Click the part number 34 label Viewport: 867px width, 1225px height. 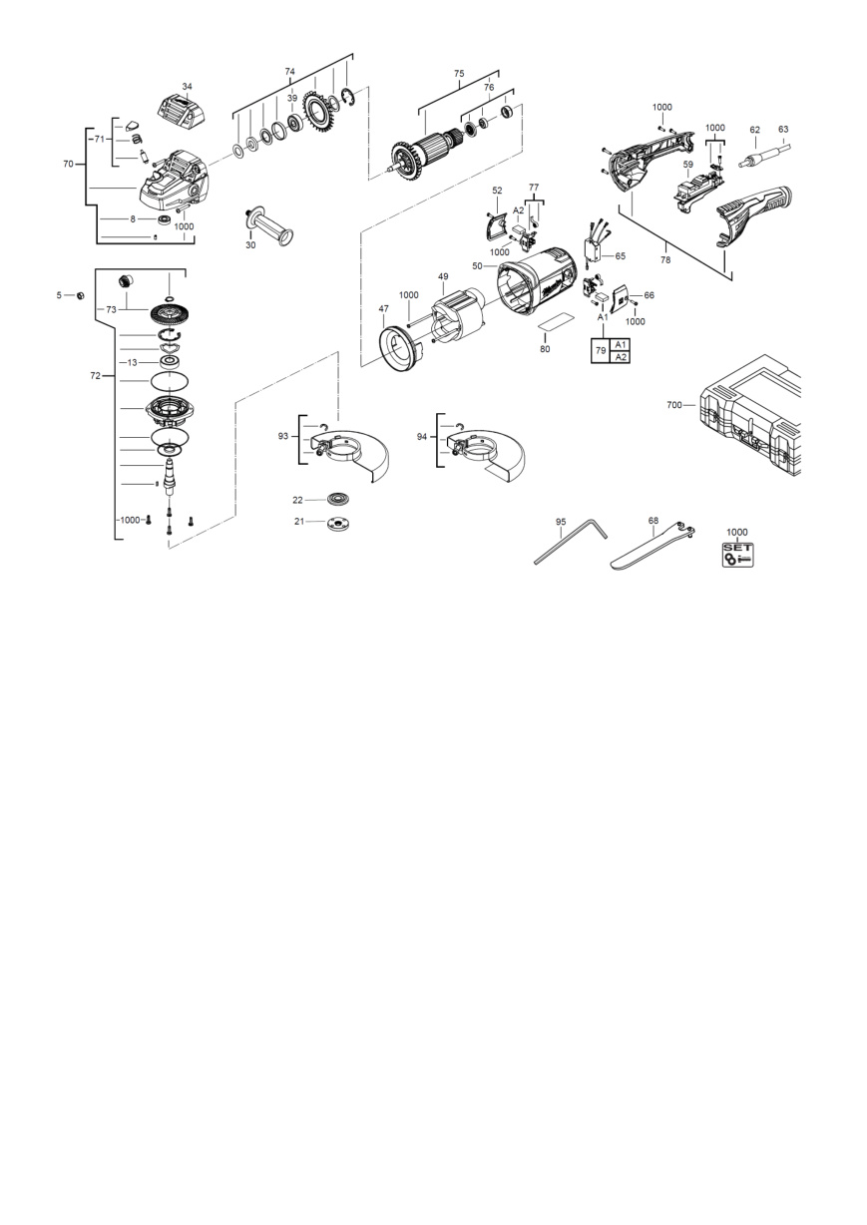click(188, 87)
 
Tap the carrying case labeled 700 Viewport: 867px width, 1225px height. click(750, 416)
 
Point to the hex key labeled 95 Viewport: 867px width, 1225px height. click(569, 542)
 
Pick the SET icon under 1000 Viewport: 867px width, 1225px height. click(738, 555)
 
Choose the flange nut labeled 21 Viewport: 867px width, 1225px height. click(339, 523)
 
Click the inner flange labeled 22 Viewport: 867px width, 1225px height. click(338, 500)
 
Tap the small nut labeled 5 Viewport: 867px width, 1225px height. click(79, 295)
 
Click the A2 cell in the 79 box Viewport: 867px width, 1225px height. click(621, 357)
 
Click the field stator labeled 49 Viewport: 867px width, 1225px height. click(458, 318)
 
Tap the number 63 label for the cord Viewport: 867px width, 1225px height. click(783, 130)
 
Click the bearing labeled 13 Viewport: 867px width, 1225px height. click(171, 362)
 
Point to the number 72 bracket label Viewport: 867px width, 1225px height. click(95, 376)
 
